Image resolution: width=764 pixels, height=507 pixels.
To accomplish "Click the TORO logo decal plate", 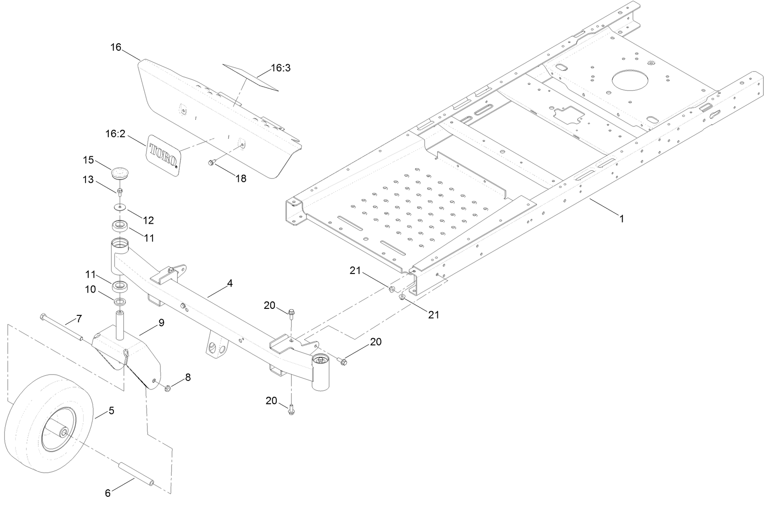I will pyautogui.click(x=163, y=156).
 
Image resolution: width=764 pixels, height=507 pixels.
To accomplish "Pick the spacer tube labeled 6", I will pyautogui.click(x=137, y=473).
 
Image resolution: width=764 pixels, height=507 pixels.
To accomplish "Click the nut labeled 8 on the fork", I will pyautogui.click(x=168, y=388).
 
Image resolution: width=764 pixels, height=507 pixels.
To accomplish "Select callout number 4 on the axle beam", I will pyautogui.click(x=229, y=283).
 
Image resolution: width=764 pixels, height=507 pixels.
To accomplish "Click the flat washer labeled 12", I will pyautogui.click(x=121, y=206).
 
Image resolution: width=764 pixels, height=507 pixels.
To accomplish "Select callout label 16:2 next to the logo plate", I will pyautogui.click(x=116, y=134).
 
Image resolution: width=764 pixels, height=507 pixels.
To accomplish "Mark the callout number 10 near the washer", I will pyautogui.click(x=90, y=289).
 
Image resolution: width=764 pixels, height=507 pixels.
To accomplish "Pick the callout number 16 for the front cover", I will pyautogui.click(x=116, y=47).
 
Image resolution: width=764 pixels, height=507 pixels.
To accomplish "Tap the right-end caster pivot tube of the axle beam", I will pyautogui.click(x=321, y=372).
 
